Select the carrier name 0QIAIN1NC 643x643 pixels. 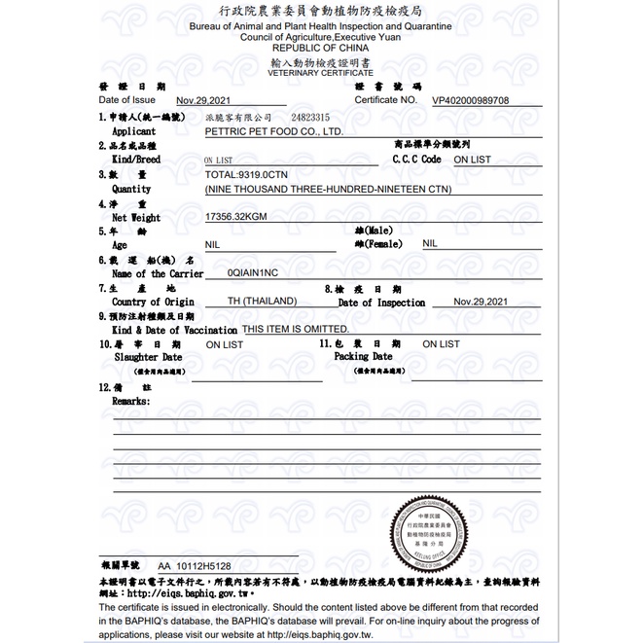(x=252, y=274)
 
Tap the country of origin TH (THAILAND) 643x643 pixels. (x=262, y=302)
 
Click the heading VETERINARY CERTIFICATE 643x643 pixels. (x=320, y=72)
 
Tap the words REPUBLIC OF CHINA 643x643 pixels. (x=320, y=47)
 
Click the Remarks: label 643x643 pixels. (x=131, y=400)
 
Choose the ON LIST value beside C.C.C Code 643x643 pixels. (x=473, y=159)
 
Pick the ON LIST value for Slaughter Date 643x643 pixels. (x=225, y=344)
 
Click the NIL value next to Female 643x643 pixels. (x=430, y=244)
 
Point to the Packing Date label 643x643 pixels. (x=363, y=356)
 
